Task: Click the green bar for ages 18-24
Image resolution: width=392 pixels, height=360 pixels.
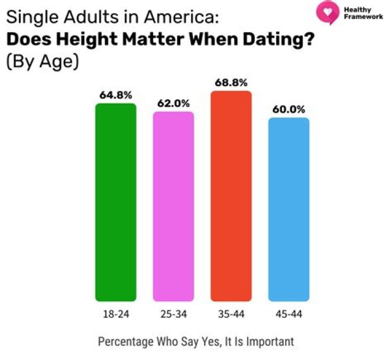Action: click(116, 202)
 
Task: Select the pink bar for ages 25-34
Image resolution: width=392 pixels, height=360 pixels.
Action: click(174, 206)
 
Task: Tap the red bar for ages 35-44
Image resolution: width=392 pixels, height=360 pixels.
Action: click(231, 196)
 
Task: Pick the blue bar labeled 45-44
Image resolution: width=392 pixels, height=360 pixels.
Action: click(289, 210)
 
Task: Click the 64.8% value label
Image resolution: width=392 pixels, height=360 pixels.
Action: click(116, 95)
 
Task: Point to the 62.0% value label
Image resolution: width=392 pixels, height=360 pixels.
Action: click(174, 103)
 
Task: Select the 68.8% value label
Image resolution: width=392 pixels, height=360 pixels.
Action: click(231, 82)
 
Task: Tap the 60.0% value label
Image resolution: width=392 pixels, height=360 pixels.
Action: click(289, 109)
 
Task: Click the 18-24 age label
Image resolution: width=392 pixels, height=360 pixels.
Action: click(116, 314)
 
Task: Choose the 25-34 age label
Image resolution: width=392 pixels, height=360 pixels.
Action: click(174, 314)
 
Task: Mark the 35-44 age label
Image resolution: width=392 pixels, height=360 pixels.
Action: click(231, 314)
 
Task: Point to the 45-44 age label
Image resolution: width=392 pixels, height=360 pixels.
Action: click(289, 314)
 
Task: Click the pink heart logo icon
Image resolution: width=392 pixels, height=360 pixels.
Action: click(328, 12)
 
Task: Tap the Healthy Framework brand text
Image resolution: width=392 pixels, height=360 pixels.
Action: click(363, 13)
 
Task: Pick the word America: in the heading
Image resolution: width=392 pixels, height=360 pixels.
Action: click(181, 17)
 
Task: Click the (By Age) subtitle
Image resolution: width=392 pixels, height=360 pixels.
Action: click(42, 62)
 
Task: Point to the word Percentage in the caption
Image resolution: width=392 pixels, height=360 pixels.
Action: click(126, 341)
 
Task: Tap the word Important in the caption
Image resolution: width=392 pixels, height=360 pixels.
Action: click(270, 341)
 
